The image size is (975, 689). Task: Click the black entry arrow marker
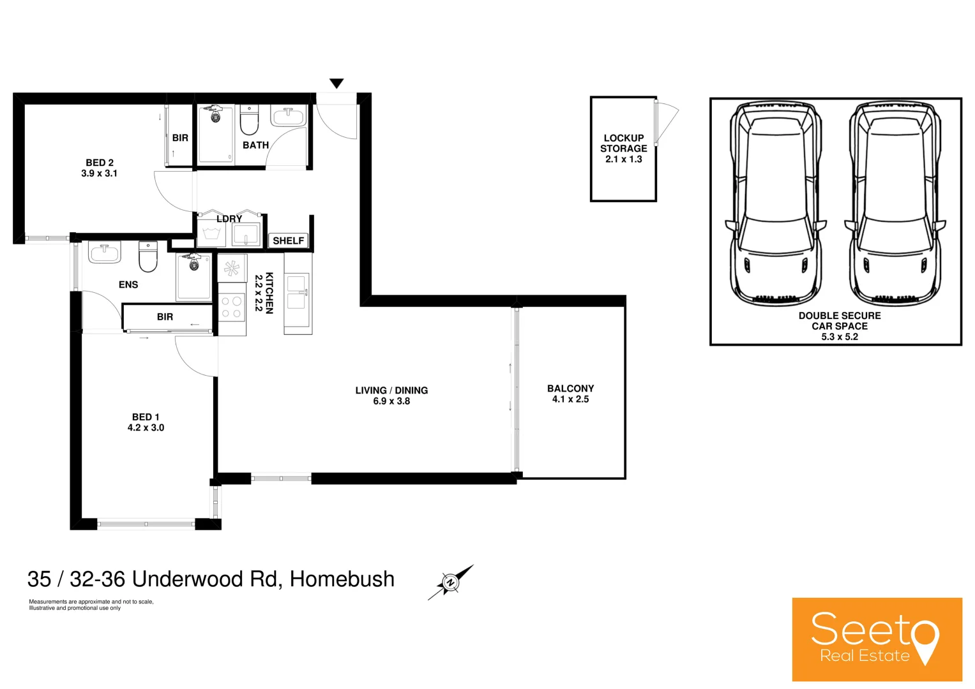coord(336,84)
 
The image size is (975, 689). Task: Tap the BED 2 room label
coord(100,163)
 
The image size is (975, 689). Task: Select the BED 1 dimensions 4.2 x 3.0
coord(146,428)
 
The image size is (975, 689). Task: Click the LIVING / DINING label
coord(391,390)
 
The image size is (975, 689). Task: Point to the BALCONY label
coord(570,389)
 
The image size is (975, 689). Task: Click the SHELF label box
coord(288,241)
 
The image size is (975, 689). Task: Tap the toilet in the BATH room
coord(249,120)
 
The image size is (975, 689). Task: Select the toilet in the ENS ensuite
coord(148,256)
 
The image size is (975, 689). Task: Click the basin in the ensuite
coord(105,253)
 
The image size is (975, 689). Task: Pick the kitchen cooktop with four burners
coord(232,307)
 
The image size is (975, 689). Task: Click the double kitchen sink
coord(298,292)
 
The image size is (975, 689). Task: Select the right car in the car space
coord(894,204)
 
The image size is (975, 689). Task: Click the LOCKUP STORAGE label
coord(623,144)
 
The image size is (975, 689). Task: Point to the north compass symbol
coord(450,582)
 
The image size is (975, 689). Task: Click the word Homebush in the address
coord(342,579)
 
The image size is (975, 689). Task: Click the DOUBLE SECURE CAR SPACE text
coord(839,321)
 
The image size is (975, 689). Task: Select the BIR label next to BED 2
coord(180,138)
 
